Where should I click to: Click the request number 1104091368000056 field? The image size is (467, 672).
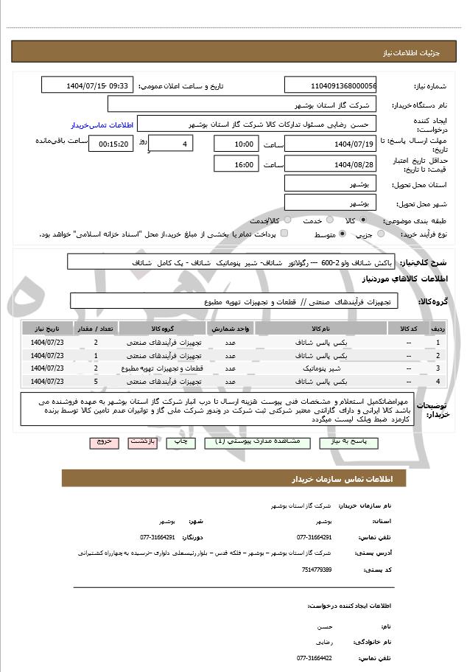pyautogui.click(x=330, y=85)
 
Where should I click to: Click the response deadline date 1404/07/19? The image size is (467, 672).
pyautogui.click(x=330, y=144)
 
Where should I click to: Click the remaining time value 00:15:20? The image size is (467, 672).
pyautogui.click(x=110, y=144)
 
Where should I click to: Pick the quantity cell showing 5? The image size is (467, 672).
pyautogui.click(x=96, y=381)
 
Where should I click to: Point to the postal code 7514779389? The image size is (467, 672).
pyautogui.click(x=316, y=570)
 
